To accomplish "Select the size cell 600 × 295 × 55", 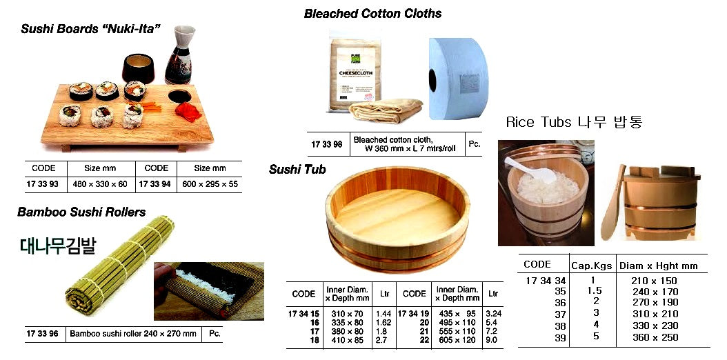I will pyautogui.click(x=210, y=184).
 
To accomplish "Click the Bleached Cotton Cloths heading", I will pyautogui.click(x=372, y=14).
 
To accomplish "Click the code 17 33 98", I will pyautogui.click(x=326, y=144).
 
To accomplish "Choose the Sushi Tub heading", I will pyautogui.click(x=297, y=169).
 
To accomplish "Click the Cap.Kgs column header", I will pyautogui.click(x=588, y=266).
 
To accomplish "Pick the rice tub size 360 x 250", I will pyautogui.click(x=655, y=337).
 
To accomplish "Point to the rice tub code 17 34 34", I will pyautogui.click(x=545, y=281).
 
